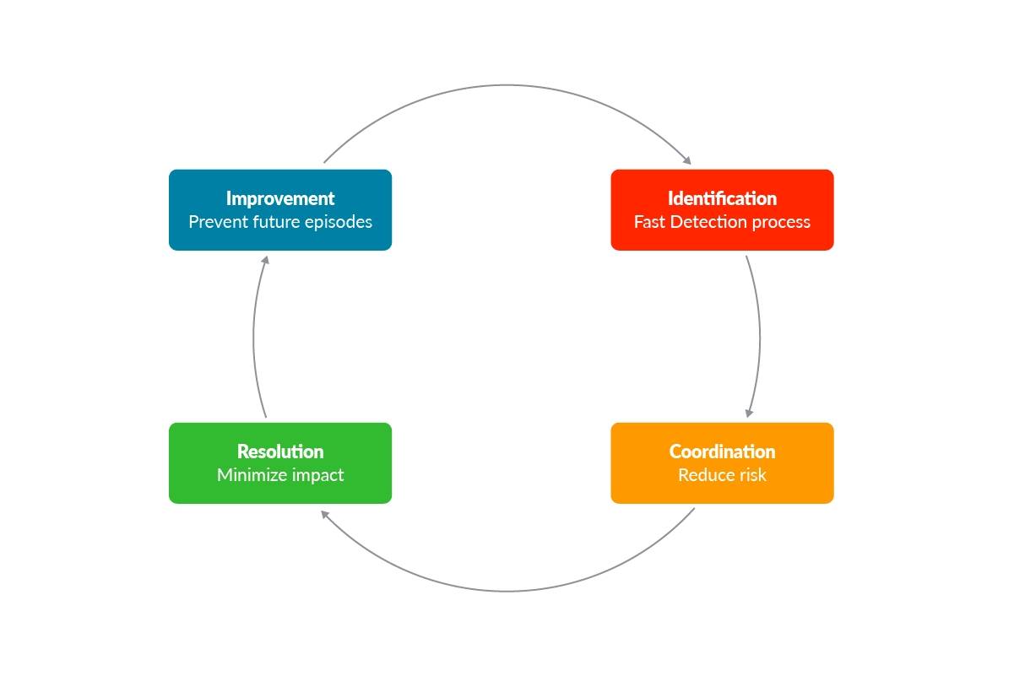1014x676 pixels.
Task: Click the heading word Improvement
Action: [x=280, y=198]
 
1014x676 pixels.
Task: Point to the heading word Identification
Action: [x=722, y=198]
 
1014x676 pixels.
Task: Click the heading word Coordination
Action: [x=722, y=452]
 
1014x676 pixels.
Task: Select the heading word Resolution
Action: [x=280, y=452]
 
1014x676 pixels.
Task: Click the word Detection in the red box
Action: [x=705, y=222]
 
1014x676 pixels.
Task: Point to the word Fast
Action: [x=649, y=222]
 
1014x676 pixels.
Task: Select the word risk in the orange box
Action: [x=751, y=475]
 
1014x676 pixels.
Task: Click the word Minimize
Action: [x=252, y=475]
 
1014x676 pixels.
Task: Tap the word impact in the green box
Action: [x=317, y=476]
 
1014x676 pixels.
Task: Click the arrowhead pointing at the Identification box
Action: [x=687, y=160]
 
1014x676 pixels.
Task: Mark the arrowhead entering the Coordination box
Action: [x=748, y=413]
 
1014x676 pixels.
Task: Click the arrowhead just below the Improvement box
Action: [x=265, y=260]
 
